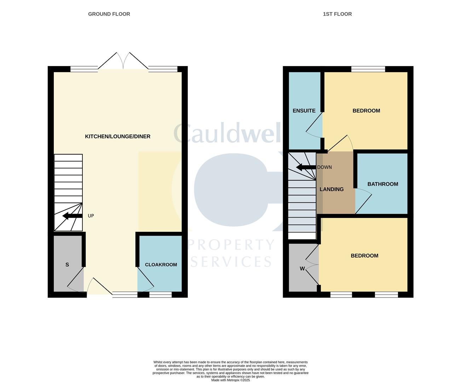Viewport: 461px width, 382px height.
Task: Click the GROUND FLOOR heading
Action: coord(109,14)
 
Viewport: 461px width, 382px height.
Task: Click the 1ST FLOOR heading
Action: coord(337,14)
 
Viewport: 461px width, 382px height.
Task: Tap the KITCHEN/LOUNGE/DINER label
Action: coord(117,137)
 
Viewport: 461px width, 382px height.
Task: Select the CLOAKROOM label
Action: coord(161,265)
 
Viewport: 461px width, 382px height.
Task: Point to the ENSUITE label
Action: coord(304,111)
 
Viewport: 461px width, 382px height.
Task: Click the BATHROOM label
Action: coord(382,184)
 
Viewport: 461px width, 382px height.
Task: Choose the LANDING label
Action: coord(332,189)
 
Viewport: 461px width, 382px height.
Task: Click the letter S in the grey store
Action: coord(67,265)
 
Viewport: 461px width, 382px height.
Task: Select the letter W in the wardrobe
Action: coord(302,268)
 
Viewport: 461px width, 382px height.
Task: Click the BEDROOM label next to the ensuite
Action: coord(366,111)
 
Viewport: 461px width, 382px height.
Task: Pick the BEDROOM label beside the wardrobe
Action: coord(364,256)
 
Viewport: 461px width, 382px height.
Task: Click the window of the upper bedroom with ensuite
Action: coord(368,69)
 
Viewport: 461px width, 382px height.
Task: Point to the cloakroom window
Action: coord(160,294)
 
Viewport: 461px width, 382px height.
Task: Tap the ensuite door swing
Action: coord(315,125)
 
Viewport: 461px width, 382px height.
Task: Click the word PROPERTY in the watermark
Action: coord(232,245)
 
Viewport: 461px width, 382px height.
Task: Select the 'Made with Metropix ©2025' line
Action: coord(230,380)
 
